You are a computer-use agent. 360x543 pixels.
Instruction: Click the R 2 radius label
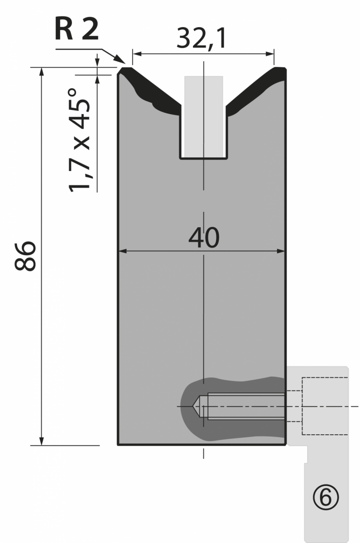tap(77, 29)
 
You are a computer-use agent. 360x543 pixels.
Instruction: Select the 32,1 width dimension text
tap(202, 38)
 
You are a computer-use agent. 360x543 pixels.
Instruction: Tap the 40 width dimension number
tap(204, 238)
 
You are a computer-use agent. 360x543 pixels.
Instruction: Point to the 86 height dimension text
tap(25, 256)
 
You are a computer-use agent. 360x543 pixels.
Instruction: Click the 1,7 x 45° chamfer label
tap(79, 140)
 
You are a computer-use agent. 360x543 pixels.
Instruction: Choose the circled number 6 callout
tap(326, 497)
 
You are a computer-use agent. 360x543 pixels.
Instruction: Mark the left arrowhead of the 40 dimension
tap(123, 251)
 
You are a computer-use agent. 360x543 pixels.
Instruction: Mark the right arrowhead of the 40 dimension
tap(281, 251)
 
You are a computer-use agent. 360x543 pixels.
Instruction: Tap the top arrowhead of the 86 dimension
tap(42, 72)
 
